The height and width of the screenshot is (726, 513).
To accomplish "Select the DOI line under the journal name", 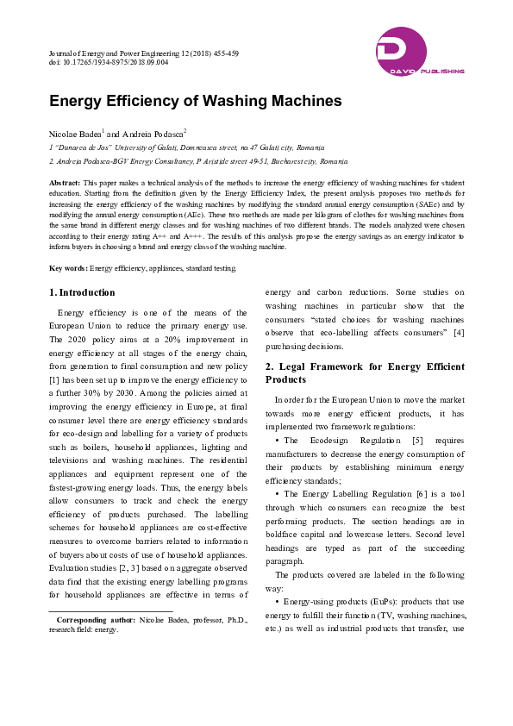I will pyautogui.click(x=109, y=63).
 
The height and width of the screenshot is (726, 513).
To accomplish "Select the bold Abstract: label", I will pyautogui.click(x=65, y=184).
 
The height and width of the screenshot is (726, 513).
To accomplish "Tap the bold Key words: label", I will pyautogui.click(x=68, y=268).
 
